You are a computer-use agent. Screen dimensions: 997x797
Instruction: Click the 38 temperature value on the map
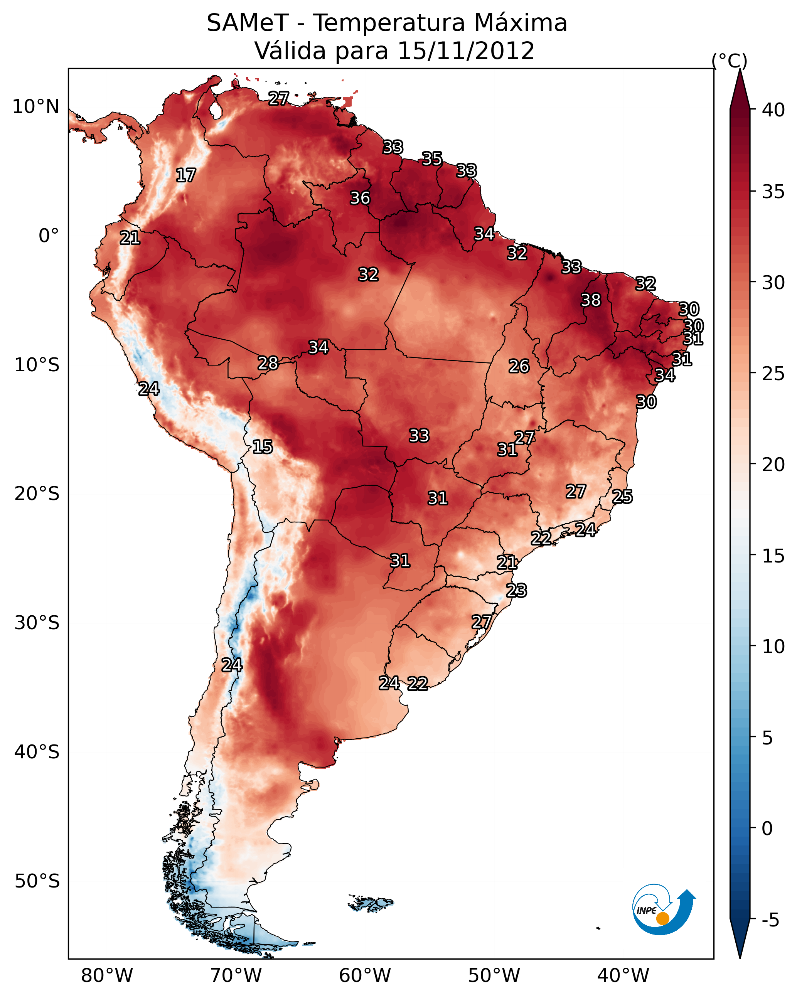tap(591, 300)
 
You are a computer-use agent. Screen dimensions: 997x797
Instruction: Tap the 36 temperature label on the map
tap(360, 198)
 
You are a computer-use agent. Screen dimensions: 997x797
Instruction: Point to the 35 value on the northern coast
tap(432, 158)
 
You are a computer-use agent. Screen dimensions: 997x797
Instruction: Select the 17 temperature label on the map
tap(186, 175)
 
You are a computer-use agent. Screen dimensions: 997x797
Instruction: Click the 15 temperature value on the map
tap(262, 447)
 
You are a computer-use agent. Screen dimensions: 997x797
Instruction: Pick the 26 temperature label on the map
tap(519, 366)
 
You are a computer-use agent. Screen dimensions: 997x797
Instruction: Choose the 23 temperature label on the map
tap(516, 591)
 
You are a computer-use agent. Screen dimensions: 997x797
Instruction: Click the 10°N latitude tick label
tap(35, 107)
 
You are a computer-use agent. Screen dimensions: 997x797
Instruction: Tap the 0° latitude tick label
tap(49, 236)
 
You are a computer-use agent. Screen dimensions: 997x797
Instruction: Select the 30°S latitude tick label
tap(37, 623)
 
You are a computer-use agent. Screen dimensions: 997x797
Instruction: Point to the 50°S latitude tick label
tap(37, 881)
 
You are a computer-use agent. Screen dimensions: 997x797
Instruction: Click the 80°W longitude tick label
tap(107, 976)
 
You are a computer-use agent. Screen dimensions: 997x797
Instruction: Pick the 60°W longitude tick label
tap(365, 976)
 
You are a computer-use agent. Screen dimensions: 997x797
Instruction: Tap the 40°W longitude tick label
tap(623, 976)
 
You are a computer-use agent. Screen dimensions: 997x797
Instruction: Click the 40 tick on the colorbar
tap(773, 110)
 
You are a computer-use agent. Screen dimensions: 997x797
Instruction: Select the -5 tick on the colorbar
tap(770, 920)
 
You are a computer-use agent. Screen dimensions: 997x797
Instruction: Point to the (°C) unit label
tap(730, 61)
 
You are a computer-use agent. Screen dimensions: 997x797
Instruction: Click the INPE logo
tap(662, 909)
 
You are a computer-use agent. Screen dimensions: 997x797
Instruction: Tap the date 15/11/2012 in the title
tap(466, 51)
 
